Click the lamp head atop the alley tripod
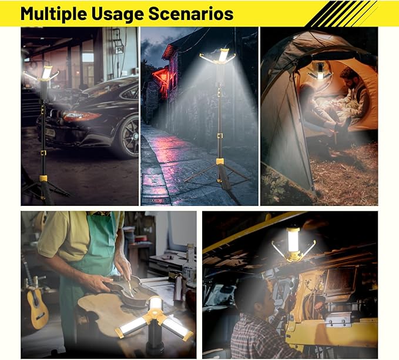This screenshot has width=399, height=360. [222, 56]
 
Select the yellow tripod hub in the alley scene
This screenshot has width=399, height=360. [220, 161]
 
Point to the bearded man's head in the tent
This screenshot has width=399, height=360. [350, 76]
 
